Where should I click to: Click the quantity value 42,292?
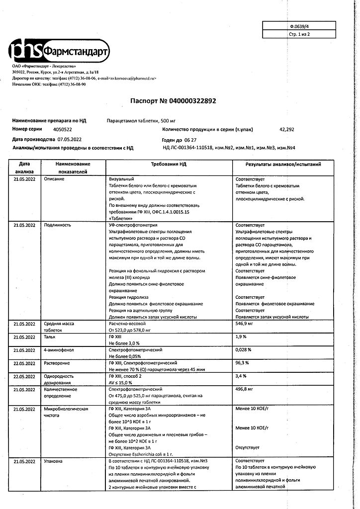[x=287, y=129]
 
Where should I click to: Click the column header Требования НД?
[x=169, y=164]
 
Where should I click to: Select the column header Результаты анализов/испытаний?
[x=283, y=164]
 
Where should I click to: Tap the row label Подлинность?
[x=58, y=225]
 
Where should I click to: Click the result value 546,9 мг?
[x=245, y=323]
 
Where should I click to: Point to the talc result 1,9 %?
[x=241, y=337]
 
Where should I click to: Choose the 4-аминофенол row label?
[x=60, y=350]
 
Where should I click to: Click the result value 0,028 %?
[x=243, y=350]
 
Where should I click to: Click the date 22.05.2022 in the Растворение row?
[x=25, y=363]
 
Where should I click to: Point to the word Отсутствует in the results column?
[x=248, y=447]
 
